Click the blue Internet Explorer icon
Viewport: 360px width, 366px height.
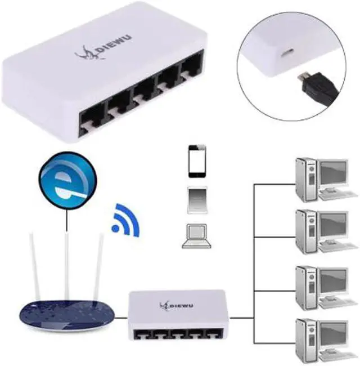[x=67, y=180]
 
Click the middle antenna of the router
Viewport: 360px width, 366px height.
[x=67, y=265]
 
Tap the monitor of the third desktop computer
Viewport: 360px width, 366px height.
[x=331, y=280]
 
